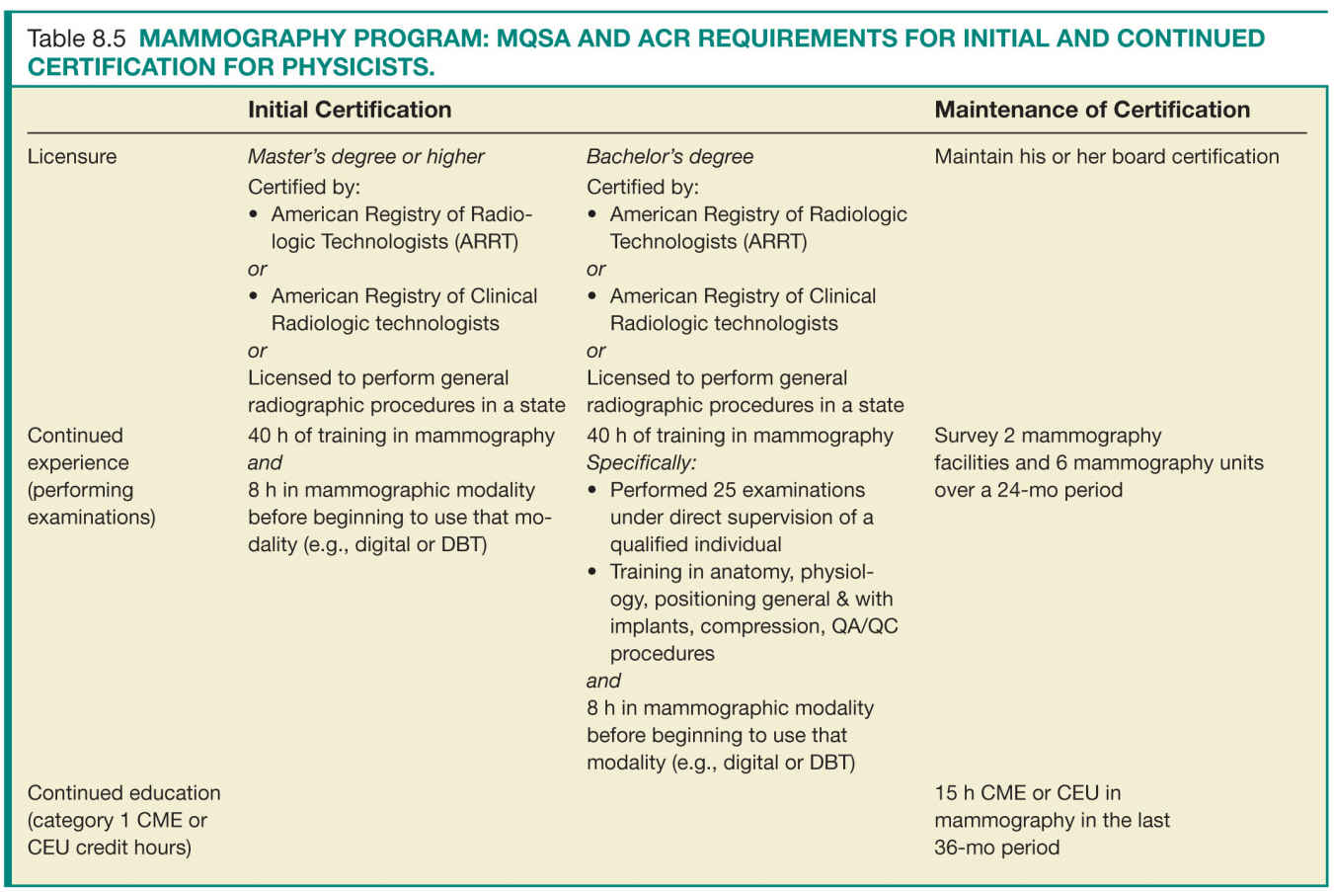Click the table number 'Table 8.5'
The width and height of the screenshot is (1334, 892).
click(76, 39)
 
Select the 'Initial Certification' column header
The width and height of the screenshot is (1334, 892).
click(350, 110)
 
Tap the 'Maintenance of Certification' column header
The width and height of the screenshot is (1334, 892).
click(1092, 110)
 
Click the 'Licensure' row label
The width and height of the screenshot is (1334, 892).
click(72, 156)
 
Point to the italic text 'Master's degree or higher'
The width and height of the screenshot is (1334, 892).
click(365, 156)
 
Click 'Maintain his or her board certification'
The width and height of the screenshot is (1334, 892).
click(1106, 156)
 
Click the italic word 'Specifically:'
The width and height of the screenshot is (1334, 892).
click(641, 462)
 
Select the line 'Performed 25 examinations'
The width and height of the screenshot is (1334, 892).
click(737, 490)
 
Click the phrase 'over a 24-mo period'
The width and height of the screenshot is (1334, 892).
click(1028, 490)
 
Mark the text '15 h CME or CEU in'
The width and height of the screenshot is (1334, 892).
click(1027, 792)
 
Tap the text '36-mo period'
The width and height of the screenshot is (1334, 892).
click(996, 848)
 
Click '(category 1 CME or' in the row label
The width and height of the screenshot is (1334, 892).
click(118, 820)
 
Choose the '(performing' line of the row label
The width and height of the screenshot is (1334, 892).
click(80, 490)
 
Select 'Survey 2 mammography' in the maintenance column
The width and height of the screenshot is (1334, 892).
click(1048, 436)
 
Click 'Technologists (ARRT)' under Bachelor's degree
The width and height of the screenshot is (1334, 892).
click(708, 242)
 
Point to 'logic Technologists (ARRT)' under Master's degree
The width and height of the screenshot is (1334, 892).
click(394, 242)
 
